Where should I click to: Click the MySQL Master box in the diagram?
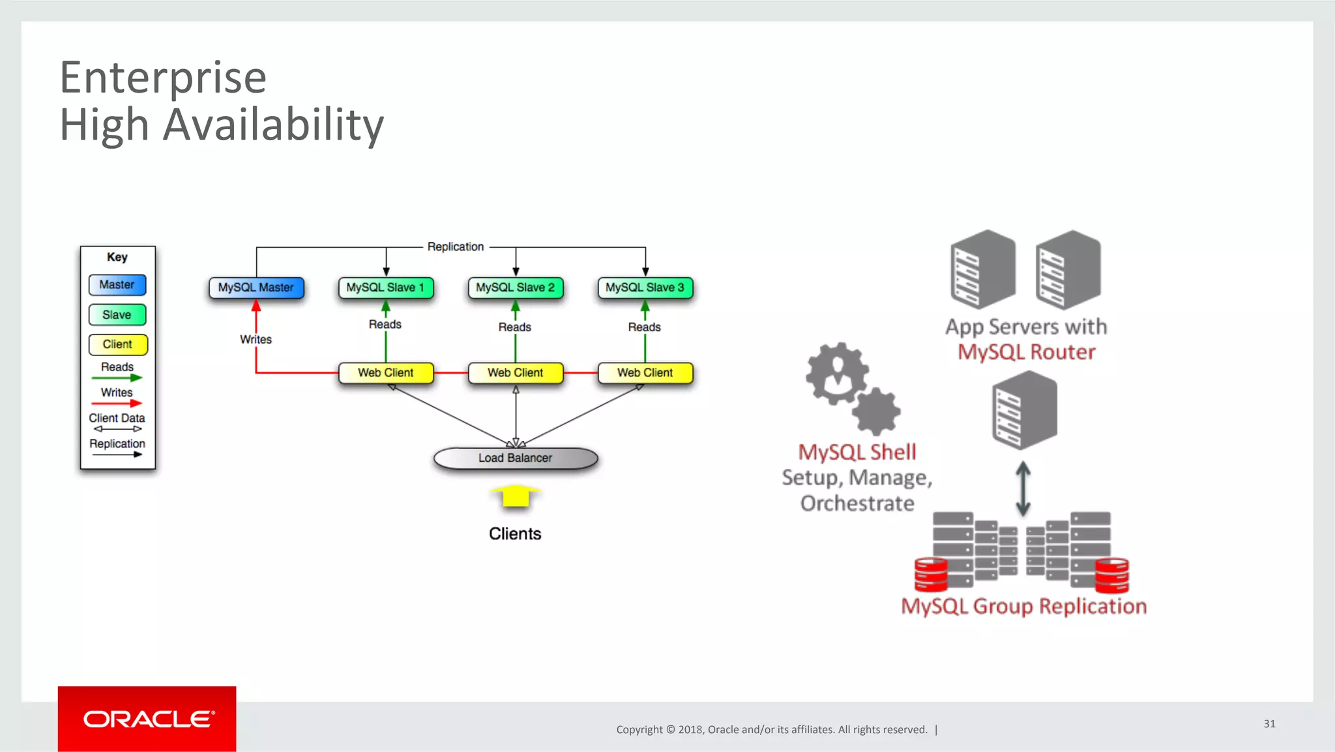click(256, 288)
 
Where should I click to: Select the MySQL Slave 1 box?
click(385, 288)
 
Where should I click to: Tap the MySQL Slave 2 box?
click(515, 288)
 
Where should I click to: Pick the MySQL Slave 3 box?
click(645, 288)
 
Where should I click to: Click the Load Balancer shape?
click(515, 458)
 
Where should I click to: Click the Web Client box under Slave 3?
click(645, 372)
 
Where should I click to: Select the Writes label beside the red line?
click(256, 339)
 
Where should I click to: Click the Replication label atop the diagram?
click(456, 247)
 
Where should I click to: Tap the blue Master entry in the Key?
click(117, 285)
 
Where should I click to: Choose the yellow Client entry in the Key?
click(117, 344)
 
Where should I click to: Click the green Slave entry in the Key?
click(117, 315)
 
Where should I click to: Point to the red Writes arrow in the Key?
click(117, 403)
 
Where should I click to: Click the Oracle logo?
click(147, 719)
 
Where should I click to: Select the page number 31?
click(1269, 723)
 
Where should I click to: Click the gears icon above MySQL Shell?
click(851, 388)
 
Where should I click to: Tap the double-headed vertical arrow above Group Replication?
click(1023, 489)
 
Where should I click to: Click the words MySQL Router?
click(1026, 352)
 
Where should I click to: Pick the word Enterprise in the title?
click(163, 77)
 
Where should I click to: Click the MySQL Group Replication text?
click(1023, 606)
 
